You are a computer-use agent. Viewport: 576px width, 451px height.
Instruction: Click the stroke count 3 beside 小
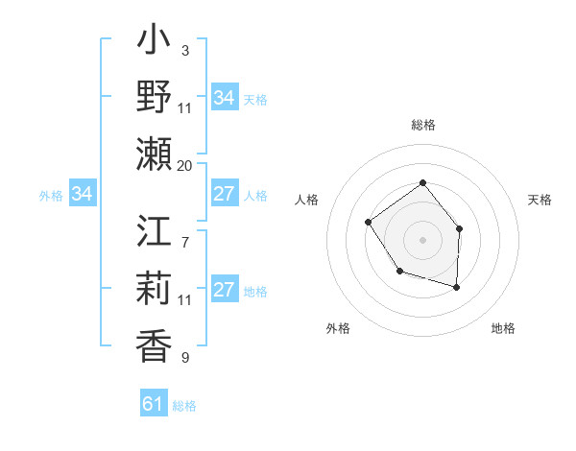pos(184,50)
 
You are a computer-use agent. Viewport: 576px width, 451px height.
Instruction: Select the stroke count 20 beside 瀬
pos(185,165)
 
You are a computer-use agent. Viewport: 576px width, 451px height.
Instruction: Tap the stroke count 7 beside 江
pos(184,232)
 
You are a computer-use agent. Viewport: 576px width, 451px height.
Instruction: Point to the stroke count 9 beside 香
pos(184,358)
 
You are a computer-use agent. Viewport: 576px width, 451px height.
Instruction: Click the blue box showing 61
pos(154,404)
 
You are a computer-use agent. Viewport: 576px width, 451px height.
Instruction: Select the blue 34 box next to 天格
pos(224,98)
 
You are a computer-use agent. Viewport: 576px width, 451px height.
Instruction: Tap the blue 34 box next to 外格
pos(82,195)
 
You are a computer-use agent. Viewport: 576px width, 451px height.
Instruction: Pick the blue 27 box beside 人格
pos(224,195)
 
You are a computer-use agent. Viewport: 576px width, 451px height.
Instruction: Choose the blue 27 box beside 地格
pos(224,291)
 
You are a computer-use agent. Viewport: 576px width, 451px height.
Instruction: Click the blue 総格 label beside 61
pos(184,406)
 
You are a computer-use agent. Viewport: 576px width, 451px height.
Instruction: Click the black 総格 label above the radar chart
pos(422,126)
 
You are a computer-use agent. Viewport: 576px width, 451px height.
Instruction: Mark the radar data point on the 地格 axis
pos(457,287)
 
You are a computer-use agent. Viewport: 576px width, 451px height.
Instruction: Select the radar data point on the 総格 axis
pos(422,183)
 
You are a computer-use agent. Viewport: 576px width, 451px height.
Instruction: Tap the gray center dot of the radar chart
pos(422,239)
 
